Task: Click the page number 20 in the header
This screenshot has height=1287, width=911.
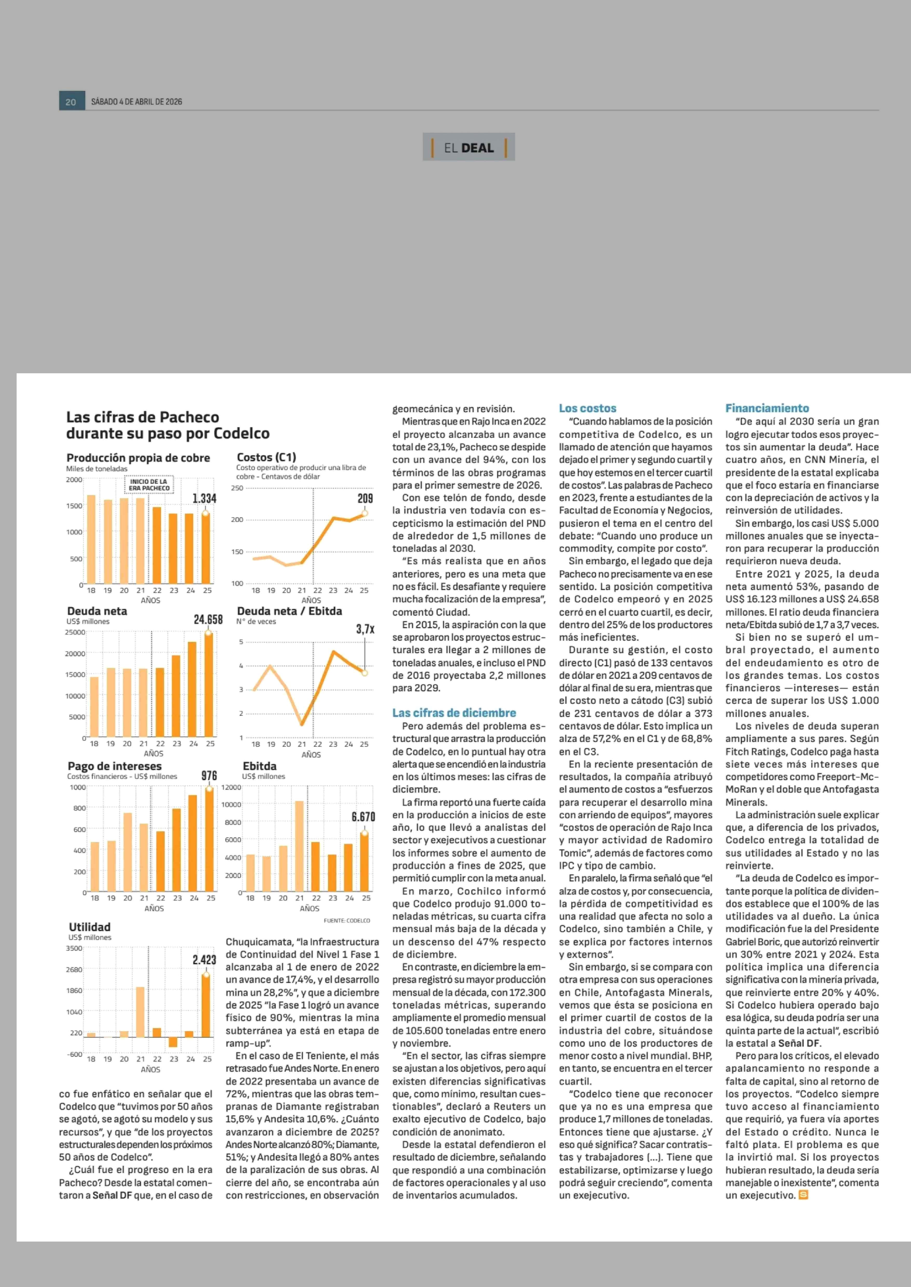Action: (71, 101)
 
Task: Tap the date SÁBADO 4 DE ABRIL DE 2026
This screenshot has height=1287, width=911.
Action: (136, 101)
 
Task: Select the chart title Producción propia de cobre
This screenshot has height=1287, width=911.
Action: (138, 458)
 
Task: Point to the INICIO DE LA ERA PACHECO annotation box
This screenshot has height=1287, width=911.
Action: (149, 485)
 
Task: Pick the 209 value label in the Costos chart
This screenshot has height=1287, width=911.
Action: (365, 498)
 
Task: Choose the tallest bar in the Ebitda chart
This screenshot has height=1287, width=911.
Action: (299, 847)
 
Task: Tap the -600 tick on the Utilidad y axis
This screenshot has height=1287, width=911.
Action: (75, 1054)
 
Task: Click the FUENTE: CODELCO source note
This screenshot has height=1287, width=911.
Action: (347, 920)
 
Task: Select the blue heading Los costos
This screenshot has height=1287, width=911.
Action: (587, 408)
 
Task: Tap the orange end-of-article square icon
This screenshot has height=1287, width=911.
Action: (803, 1195)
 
